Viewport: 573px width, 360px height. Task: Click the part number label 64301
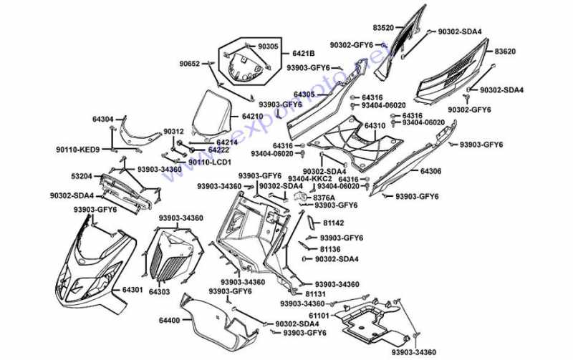133,290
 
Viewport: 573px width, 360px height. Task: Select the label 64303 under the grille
159,292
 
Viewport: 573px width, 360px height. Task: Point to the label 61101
319,315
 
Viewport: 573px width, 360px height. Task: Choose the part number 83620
506,52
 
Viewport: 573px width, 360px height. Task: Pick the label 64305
304,94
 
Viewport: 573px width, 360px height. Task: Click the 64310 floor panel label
375,126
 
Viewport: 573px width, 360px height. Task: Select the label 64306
430,172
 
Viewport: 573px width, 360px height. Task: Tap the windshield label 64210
252,116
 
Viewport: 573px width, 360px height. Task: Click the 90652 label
191,64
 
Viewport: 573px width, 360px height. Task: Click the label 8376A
324,196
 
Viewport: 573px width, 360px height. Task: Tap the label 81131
316,294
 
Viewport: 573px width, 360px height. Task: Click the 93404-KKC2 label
310,178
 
